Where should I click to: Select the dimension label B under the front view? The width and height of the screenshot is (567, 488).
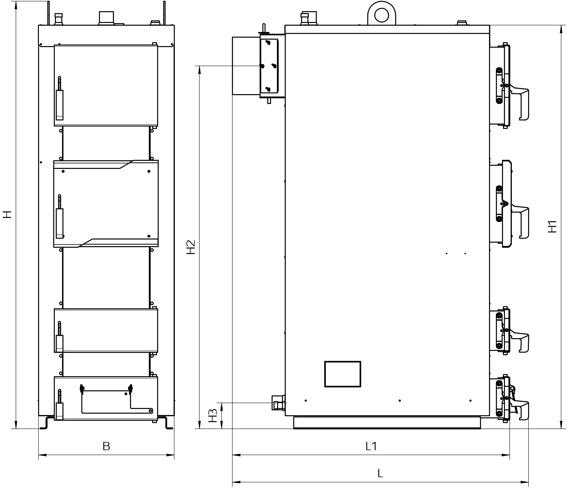pos(106,446)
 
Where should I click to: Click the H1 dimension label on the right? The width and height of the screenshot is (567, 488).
pos(552,226)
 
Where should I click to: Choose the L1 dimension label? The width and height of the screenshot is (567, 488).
pos(371,446)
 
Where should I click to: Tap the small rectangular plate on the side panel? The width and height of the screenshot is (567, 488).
pos(343,374)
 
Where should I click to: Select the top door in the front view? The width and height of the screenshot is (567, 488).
pos(106,85)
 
